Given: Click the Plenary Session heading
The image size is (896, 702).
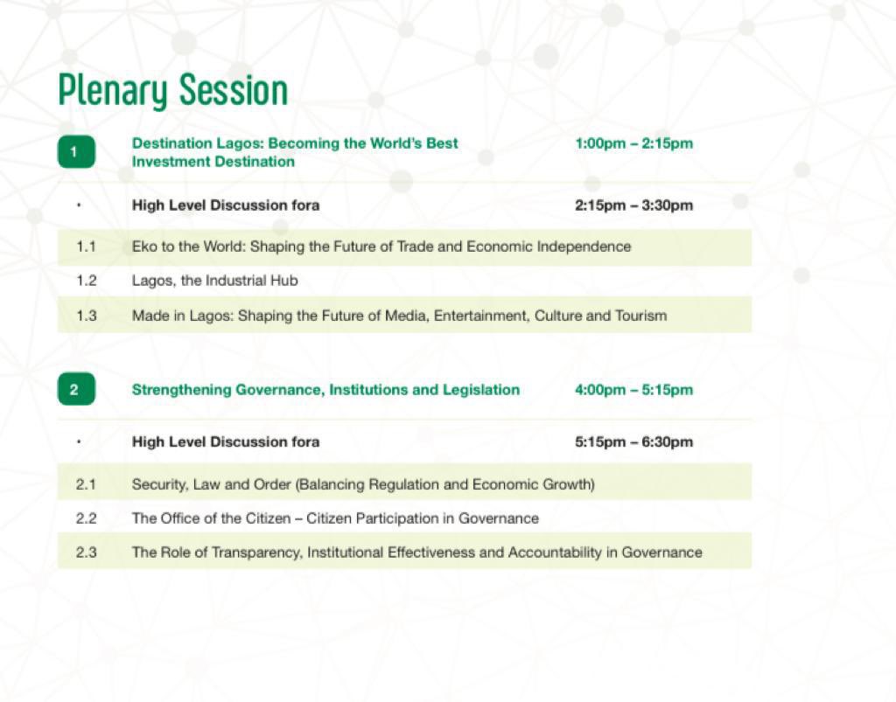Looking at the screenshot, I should [172, 91].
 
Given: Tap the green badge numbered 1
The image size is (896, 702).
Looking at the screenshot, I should [75, 152].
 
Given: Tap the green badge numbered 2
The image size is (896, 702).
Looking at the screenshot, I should [75, 389].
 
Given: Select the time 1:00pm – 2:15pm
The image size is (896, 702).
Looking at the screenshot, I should [633, 143].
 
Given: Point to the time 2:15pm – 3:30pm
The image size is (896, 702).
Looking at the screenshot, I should [633, 205].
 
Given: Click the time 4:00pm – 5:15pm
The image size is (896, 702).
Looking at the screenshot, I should [633, 389].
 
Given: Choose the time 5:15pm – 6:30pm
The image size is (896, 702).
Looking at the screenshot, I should [633, 441].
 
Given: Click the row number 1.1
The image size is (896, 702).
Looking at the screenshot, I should [86, 247].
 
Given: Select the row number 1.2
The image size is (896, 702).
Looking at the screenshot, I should [86, 281].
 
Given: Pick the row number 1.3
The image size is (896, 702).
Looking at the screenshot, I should [86, 316].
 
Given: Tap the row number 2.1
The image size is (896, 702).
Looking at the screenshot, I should [86, 483].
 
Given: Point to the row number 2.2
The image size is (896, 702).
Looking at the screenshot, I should [86, 518].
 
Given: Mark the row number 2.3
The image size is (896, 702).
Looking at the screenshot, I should [86, 553].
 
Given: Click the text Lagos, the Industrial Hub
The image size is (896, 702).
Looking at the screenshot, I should [215, 281].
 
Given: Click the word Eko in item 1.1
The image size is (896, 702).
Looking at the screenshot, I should [144, 247].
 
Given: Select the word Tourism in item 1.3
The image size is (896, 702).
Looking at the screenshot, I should [641, 316].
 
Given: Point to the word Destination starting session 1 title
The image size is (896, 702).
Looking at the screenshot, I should [171, 143].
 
